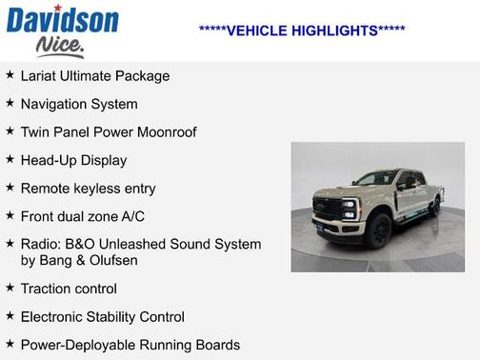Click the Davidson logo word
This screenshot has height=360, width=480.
pos(62,18)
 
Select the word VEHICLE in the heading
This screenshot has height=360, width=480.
pos(249,30)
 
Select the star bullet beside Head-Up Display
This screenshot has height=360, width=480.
pos(10,160)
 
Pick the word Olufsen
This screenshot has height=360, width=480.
pos(112,260)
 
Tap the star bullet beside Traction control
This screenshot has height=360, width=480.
pos(10,288)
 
